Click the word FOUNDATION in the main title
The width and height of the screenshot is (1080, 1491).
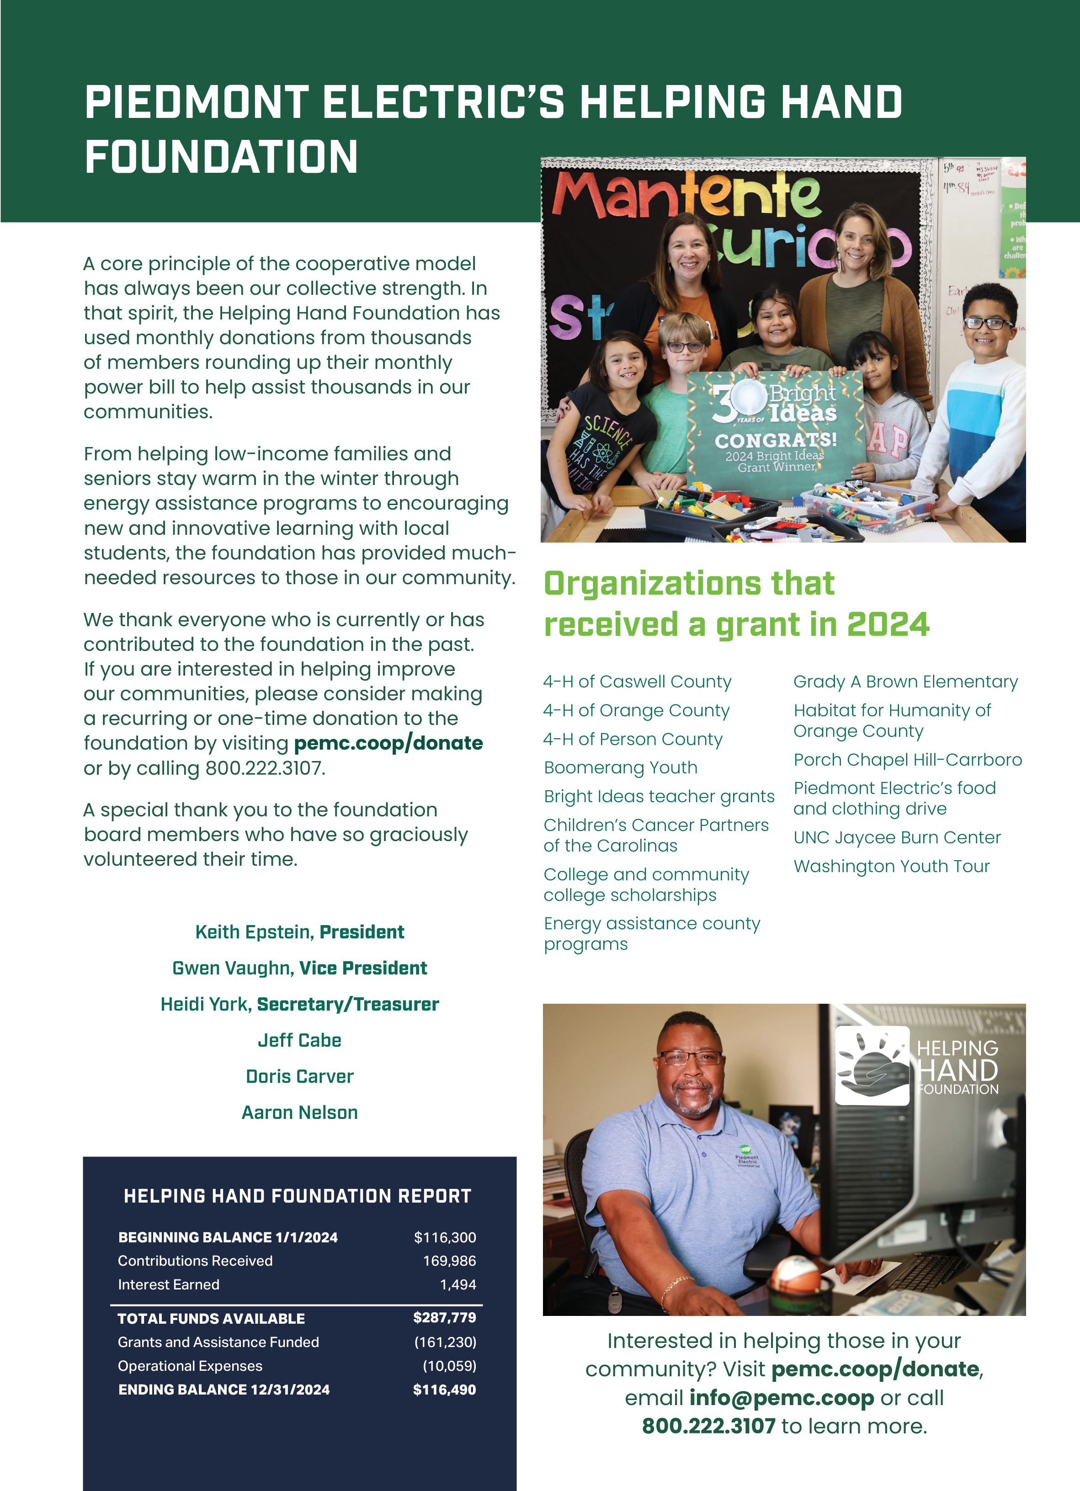pos(222,158)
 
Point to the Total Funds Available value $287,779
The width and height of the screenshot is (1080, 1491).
pos(444,1317)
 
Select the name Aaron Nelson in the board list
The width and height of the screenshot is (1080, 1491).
pos(300,1113)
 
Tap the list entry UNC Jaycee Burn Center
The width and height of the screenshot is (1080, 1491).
pos(897,837)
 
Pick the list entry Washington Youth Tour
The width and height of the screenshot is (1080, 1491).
pos(891,867)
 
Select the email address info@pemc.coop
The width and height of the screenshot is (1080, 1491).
pos(782,1398)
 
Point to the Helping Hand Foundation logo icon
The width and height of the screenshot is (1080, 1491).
pos(872,1065)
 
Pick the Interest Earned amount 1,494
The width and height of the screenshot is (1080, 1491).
pos(458,1284)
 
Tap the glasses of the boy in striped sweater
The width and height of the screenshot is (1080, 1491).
pos(988,324)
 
